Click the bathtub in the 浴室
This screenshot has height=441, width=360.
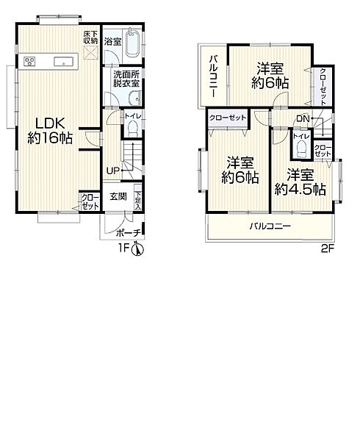point(133,43)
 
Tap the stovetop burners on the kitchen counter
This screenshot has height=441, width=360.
point(29,61)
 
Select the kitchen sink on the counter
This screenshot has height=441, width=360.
point(63,61)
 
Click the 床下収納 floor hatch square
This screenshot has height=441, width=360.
point(91,53)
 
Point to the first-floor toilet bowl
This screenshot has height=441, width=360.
point(133,129)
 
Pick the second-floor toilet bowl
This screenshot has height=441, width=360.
point(302,148)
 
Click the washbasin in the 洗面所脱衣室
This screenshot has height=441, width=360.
point(134,98)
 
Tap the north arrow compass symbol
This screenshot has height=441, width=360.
point(138,249)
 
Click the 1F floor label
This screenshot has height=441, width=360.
point(123,248)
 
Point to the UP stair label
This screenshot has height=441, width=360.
point(112,171)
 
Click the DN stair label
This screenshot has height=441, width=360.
point(303,118)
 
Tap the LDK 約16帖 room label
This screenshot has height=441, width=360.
point(50,131)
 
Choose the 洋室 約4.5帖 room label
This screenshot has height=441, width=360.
point(300,182)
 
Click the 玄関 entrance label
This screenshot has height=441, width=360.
point(118,196)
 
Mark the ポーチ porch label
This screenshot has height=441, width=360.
point(128,232)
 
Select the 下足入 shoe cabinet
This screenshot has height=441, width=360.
point(138,197)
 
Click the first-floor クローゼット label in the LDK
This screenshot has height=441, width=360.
point(90,201)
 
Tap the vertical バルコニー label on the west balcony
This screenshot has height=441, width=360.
point(214,76)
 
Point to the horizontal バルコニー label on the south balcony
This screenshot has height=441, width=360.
point(270,226)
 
